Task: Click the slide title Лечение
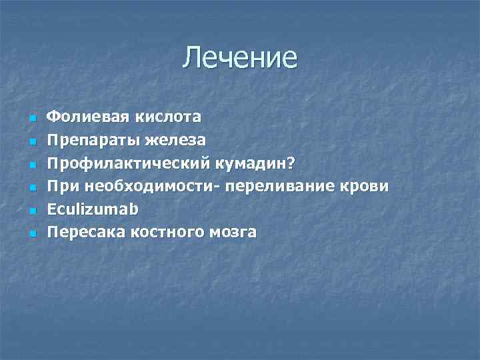tap(240, 57)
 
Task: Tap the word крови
tap(367, 187)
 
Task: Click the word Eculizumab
tap(93, 209)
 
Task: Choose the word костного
tap(164, 233)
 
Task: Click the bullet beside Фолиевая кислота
tap(31, 119)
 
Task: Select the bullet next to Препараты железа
tap(31, 142)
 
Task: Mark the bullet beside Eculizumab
tap(31, 211)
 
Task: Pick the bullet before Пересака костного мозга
tap(31, 234)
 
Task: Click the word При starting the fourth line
tap(59, 187)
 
